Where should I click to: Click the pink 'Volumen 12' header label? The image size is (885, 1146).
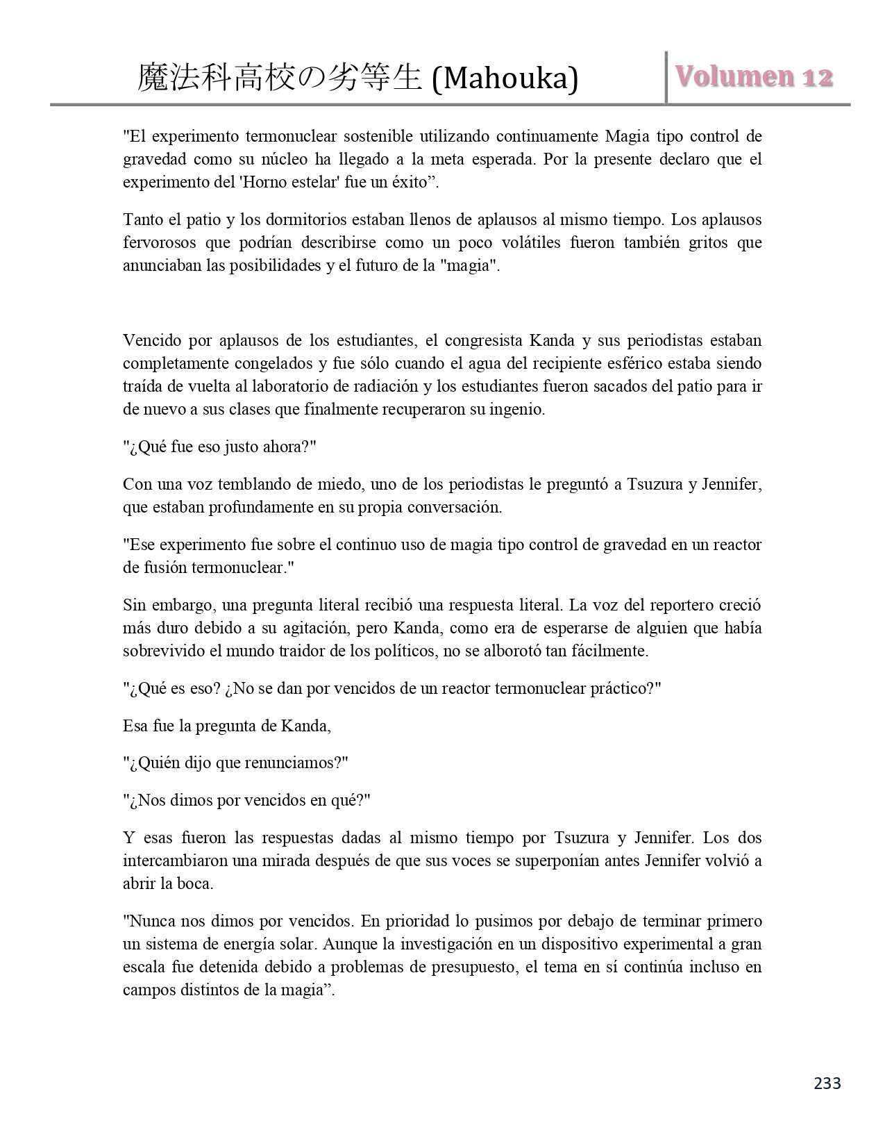[754, 77]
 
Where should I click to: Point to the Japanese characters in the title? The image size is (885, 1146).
[280, 78]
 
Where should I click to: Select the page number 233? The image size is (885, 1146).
[827, 1083]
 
